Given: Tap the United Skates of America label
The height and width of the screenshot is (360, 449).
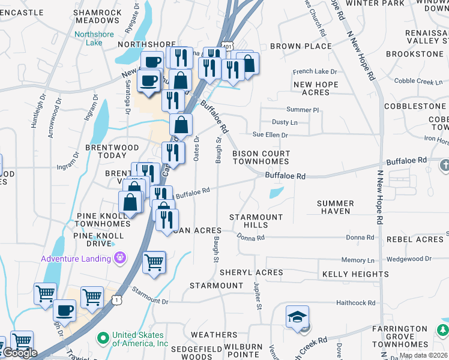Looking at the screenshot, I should tap(140, 340).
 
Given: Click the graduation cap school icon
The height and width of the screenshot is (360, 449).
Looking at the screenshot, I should tap(297, 318).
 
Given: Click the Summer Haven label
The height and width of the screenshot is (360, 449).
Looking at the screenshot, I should tap(334, 208).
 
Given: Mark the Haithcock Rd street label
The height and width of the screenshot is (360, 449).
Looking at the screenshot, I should tap(355, 303).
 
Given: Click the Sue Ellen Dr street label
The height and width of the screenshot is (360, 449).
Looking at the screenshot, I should tap(270, 135).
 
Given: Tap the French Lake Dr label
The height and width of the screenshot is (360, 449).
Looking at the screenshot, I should tap(315, 71).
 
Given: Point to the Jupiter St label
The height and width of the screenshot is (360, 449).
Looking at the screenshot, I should tap(258, 295).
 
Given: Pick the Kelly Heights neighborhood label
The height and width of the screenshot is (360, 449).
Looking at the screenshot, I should tap(355, 274).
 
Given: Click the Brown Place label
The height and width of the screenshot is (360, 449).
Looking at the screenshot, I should tap(301, 46).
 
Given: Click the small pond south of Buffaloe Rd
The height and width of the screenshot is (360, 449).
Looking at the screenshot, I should tap(276, 193).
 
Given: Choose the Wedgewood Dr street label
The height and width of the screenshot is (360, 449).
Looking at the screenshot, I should tap(408, 259).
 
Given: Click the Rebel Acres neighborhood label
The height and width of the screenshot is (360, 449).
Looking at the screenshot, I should tap(414, 239).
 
